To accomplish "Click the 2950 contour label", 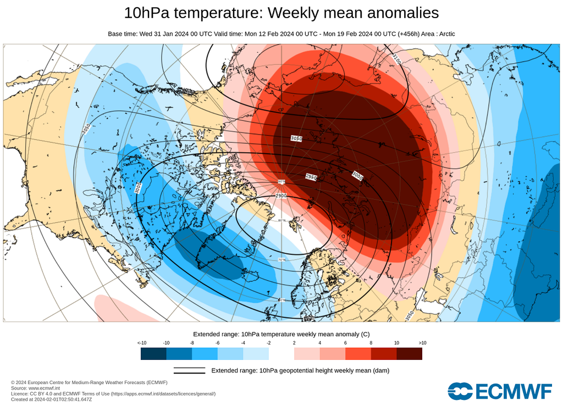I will pos(311,176).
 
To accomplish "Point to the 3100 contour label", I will pos(397,57).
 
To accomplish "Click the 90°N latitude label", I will pos(281,182).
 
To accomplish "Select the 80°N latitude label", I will pos(283,221).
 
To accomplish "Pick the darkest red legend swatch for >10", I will pos(409,353).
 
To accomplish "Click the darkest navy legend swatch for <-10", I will pos(153,353).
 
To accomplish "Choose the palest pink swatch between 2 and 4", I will pos(307,353).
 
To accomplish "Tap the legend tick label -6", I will pos(218,343).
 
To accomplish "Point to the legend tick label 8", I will pos(371,343).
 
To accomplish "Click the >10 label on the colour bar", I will pos(422,343).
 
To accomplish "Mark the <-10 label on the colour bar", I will pos(141,343).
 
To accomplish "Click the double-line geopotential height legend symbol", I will pos(189,371).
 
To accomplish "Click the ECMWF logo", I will pos(499,391).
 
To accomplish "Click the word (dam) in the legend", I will pos(380,371).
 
